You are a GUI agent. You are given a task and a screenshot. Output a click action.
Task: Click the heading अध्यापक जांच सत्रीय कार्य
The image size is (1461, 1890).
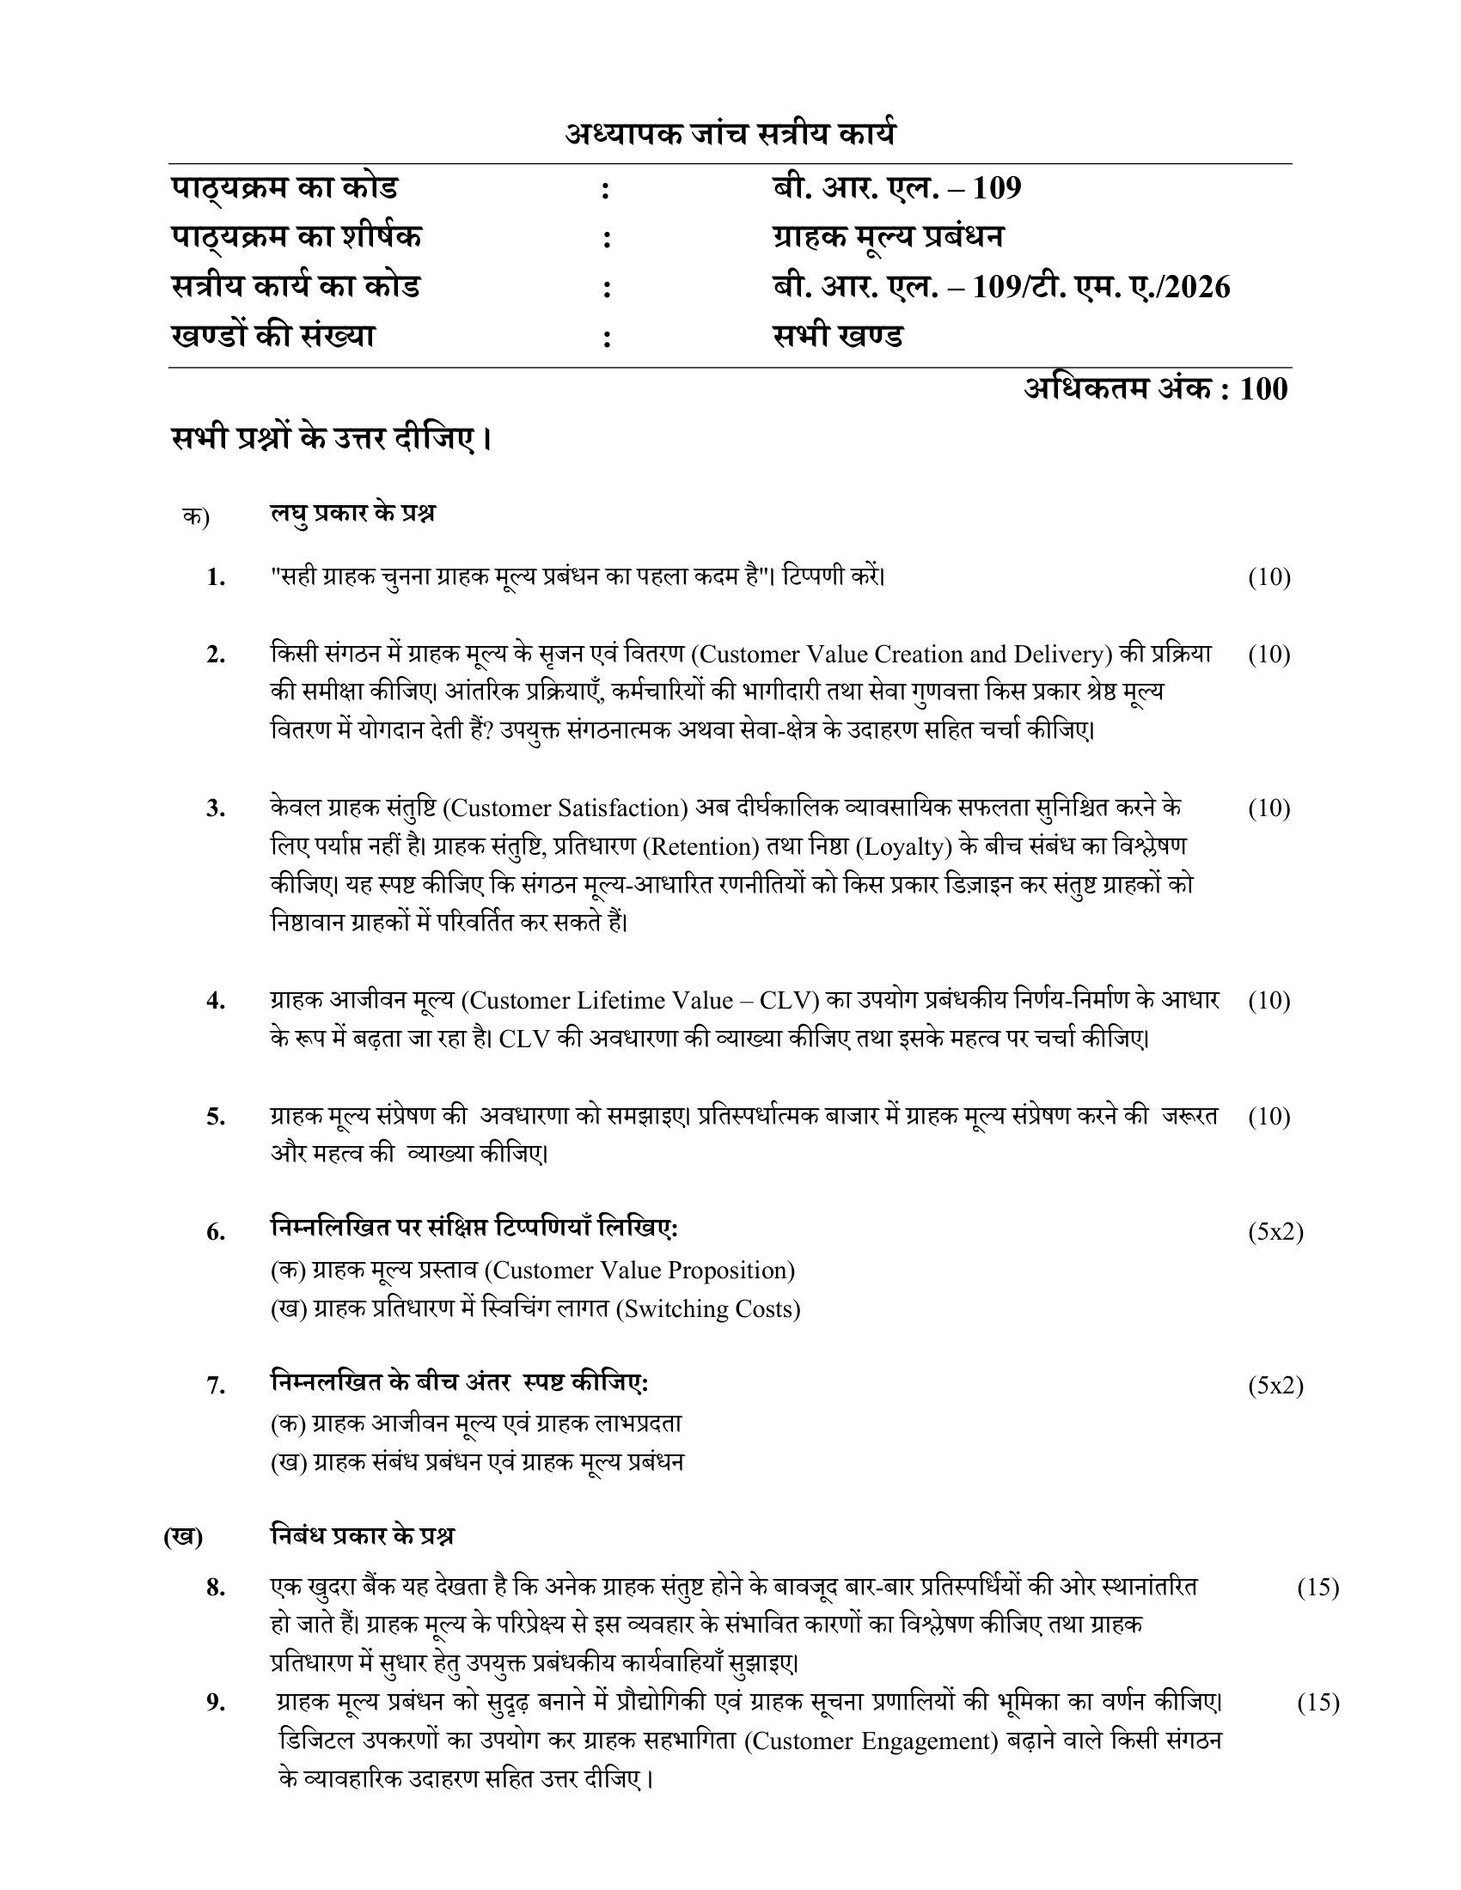click(730, 134)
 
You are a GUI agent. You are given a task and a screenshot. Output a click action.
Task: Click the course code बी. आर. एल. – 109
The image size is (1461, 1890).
click(896, 188)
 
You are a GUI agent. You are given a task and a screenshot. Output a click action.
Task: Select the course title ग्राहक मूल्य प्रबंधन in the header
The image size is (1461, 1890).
click(888, 237)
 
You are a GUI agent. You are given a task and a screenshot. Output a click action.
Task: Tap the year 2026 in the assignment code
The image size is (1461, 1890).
click(1197, 286)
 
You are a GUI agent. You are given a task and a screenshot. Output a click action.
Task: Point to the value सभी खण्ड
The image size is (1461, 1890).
click(838, 336)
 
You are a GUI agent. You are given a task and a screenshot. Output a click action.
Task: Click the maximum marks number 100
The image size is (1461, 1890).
click(1263, 389)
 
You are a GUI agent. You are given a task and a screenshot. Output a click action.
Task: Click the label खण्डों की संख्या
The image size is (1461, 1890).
click(273, 336)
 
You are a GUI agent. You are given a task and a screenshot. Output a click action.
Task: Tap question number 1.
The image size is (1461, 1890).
click(217, 577)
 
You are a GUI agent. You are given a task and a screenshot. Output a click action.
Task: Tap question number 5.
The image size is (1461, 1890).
click(217, 1117)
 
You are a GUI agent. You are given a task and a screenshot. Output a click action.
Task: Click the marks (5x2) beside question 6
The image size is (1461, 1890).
click(1275, 1231)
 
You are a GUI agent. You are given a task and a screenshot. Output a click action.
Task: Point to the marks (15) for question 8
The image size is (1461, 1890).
click(1317, 1587)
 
